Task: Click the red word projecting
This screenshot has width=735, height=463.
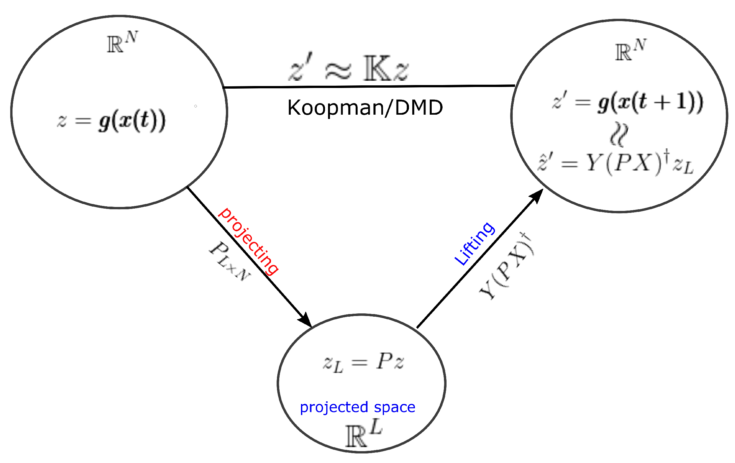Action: point(248,241)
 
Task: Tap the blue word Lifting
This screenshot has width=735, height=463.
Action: point(474,244)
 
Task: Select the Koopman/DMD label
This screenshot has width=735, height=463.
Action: point(365,107)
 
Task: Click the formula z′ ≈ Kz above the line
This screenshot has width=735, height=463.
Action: point(348,69)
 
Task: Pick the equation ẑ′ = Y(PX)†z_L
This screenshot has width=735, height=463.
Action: point(616,164)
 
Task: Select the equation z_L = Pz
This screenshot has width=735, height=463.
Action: point(363,362)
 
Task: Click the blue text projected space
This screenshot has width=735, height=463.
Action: point(357,407)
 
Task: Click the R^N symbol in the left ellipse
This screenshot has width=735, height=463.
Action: point(122,42)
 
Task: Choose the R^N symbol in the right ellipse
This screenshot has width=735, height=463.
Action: point(631,50)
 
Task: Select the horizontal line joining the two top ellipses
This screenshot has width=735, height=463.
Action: point(369,87)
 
